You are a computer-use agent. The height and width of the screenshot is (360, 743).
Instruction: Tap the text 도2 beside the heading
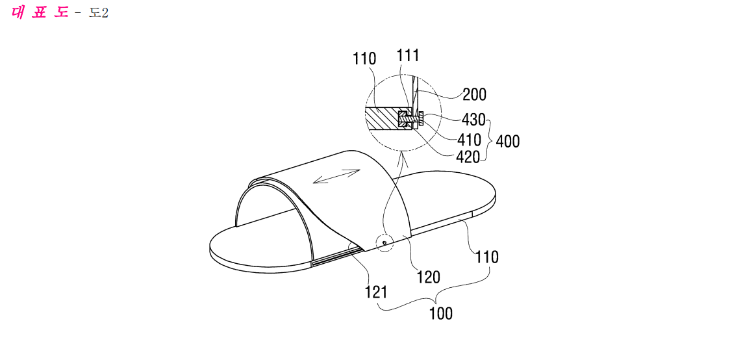pyautogui.click(x=99, y=13)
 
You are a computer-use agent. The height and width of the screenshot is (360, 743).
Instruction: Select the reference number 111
pyautogui.click(x=408, y=56)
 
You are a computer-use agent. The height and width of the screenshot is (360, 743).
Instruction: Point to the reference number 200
pyautogui.click(x=474, y=95)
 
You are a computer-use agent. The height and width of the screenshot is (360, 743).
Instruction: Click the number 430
pyautogui.click(x=473, y=120)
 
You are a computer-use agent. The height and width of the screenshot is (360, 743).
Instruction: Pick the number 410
pyautogui.click(x=470, y=140)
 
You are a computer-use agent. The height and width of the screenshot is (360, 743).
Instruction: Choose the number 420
pyautogui.click(x=468, y=157)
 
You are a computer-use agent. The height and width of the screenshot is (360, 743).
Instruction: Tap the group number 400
pyautogui.click(x=507, y=141)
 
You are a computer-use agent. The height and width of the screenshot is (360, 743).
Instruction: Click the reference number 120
pyautogui.click(x=428, y=276)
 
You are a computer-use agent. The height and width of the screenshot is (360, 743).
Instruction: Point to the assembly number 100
pyautogui.click(x=441, y=313)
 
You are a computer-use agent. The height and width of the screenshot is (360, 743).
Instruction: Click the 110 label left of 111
pyautogui.click(x=364, y=59)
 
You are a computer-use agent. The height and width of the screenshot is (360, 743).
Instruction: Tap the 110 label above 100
pyautogui.click(x=487, y=257)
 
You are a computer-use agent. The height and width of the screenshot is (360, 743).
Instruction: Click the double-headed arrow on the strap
pyautogui.click(x=337, y=176)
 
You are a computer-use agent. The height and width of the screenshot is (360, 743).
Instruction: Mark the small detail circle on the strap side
pyautogui.click(x=384, y=242)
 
